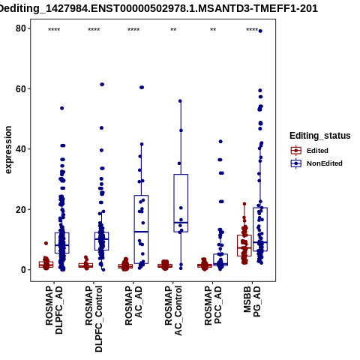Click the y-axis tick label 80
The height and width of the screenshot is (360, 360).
click(x=21, y=28)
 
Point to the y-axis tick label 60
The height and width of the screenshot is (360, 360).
click(x=21, y=89)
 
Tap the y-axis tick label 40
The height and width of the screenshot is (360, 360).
click(x=21, y=149)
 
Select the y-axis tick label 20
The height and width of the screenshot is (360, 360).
click(x=21, y=210)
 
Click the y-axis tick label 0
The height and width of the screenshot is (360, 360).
click(x=23, y=270)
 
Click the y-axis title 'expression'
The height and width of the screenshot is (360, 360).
click(x=8, y=150)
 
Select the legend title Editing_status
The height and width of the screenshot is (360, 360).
click(x=320, y=136)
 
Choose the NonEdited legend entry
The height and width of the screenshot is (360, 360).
click(x=316, y=163)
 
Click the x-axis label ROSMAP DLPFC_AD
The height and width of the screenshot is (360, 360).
click(x=54, y=310)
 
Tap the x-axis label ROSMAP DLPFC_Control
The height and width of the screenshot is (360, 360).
click(x=94, y=319)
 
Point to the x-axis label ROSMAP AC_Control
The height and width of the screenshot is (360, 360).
click(x=173, y=310)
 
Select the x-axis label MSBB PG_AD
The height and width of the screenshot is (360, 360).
click(x=252, y=301)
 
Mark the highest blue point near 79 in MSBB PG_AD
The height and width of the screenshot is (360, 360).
click(x=260, y=31)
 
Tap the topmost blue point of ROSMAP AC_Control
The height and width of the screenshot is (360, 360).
click(x=180, y=101)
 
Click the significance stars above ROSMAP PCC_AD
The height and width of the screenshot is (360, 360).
click(x=213, y=30)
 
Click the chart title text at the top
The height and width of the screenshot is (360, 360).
click(x=158, y=8)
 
